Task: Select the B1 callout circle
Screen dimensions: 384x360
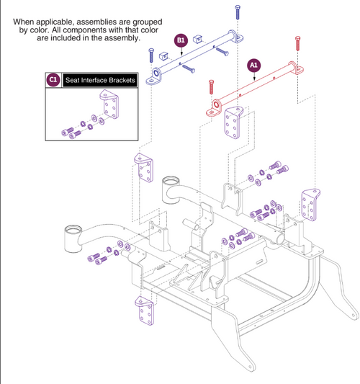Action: (181, 40)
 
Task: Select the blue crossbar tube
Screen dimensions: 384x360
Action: (194, 58)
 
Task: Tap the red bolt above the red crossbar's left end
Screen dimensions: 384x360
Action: (210, 88)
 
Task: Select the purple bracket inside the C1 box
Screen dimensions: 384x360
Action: (110, 112)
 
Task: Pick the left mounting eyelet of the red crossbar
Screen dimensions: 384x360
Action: (215, 111)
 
